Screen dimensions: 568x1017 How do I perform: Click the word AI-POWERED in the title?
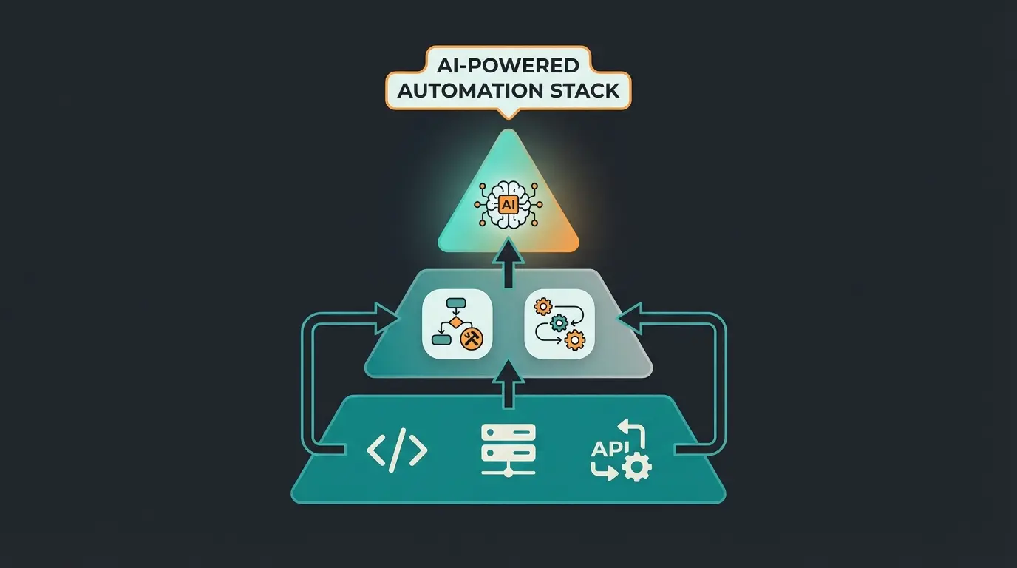[x=508, y=66]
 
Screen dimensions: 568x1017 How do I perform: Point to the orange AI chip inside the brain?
[x=508, y=205]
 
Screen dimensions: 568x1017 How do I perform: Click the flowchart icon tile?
[x=457, y=324]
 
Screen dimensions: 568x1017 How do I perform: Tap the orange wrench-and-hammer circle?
[x=471, y=339]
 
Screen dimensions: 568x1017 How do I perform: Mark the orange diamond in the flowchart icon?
[x=456, y=323]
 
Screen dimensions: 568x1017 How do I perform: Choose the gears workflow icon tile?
[x=559, y=324]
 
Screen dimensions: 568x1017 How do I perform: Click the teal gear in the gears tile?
[x=559, y=322]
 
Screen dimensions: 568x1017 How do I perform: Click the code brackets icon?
[x=397, y=450]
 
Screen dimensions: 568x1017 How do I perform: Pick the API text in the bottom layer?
[x=607, y=448]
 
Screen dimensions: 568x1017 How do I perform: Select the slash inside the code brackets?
[x=397, y=450]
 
